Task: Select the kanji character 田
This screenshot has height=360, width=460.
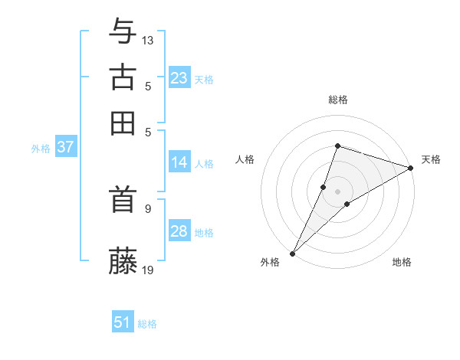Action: (123, 123)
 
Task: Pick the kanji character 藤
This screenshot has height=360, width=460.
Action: (123, 260)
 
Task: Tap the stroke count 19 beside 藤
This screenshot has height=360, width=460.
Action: (148, 269)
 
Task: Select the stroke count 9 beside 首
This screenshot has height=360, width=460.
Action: (147, 208)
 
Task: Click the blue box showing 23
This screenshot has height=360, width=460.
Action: (179, 77)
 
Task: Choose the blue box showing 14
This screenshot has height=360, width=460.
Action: (179, 162)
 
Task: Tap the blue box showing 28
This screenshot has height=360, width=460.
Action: (179, 231)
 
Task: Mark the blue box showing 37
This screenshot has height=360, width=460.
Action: (65, 147)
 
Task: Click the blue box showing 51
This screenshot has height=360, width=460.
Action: (123, 322)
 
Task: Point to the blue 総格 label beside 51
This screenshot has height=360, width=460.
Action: (147, 324)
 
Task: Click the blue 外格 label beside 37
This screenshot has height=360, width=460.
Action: (41, 149)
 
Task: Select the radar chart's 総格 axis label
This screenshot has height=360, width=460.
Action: (337, 100)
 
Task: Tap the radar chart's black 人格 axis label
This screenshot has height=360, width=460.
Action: (245, 159)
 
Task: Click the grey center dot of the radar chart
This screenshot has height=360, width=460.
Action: (337, 191)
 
